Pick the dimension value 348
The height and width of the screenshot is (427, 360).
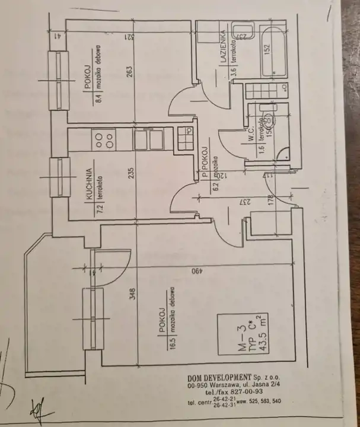coord(133,294)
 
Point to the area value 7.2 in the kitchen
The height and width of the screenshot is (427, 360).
coord(100,208)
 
